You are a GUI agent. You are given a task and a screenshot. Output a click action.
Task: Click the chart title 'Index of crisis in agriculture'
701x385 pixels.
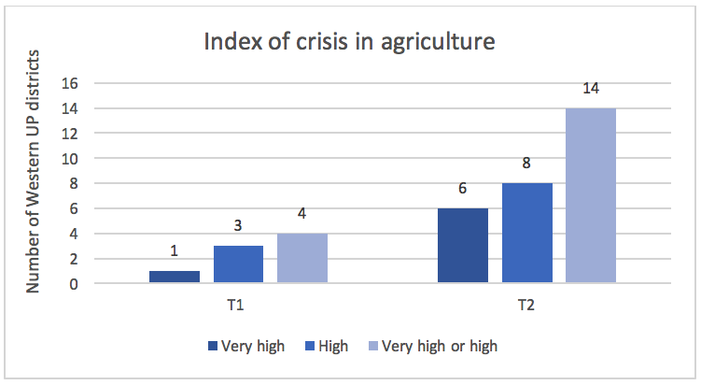[350, 42]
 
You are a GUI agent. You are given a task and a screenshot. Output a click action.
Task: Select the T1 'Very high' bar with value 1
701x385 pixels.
[175, 277]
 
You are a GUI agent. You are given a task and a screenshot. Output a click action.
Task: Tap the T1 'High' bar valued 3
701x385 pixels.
[238, 264]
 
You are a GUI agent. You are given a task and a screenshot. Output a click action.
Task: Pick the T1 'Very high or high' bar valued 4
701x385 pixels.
[301, 258]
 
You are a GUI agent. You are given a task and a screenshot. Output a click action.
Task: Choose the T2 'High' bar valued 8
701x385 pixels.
[526, 233]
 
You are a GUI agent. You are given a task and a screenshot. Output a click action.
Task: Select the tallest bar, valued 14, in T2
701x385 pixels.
[590, 195]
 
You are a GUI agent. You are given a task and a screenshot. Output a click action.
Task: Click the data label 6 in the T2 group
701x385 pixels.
[462, 189]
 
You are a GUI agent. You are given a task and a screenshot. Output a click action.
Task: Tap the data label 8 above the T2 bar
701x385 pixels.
[526, 164]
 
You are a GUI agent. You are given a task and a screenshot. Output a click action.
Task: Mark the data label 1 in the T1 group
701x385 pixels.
[175, 251]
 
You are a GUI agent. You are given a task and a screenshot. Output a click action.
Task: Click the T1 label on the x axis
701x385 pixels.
[238, 305]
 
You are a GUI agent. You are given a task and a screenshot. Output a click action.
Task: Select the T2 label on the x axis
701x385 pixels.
[526, 305]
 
